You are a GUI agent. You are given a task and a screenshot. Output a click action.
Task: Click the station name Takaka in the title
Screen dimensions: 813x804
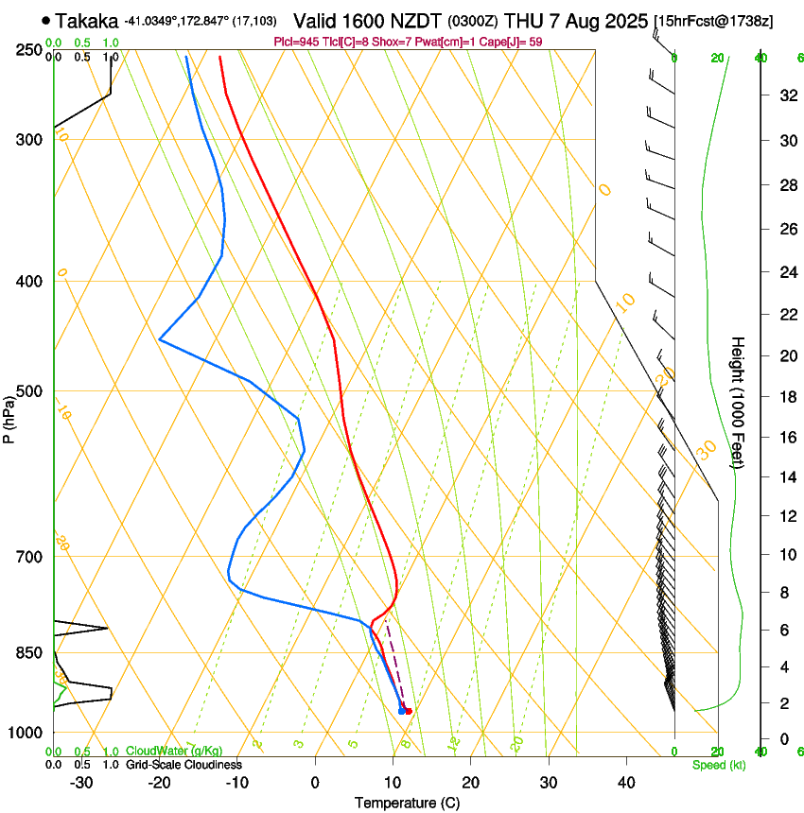pyautogui.click(x=86, y=21)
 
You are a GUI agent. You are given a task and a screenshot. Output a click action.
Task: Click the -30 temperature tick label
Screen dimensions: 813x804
pyautogui.click(x=81, y=783)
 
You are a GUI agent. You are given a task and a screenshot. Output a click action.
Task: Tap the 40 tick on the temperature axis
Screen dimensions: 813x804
pyautogui.click(x=626, y=783)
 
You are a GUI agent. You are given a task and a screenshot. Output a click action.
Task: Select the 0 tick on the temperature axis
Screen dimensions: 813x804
pyautogui.click(x=315, y=783)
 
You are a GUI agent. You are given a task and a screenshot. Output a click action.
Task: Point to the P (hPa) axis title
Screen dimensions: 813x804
pyautogui.click(x=9, y=417)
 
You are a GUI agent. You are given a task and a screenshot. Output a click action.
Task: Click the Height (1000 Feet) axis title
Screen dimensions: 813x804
pyautogui.click(x=738, y=401)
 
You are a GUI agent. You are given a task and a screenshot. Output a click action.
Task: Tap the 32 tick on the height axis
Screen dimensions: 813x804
pyautogui.click(x=785, y=95)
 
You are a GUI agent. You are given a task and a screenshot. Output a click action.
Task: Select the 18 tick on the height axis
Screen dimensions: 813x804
pyautogui.click(x=785, y=397)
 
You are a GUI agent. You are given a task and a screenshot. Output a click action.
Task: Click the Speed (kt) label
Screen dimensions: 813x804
pyautogui.click(x=718, y=764)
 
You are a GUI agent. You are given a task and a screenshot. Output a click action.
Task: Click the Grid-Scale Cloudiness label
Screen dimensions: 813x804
pyautogui.click(x=183, y=764)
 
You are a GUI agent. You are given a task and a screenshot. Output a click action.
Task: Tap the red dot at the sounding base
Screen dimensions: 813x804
pyautogui.click(x=409, y=711)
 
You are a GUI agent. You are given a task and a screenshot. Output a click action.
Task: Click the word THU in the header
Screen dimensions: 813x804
pyautogui.click(x=522, y=21)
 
